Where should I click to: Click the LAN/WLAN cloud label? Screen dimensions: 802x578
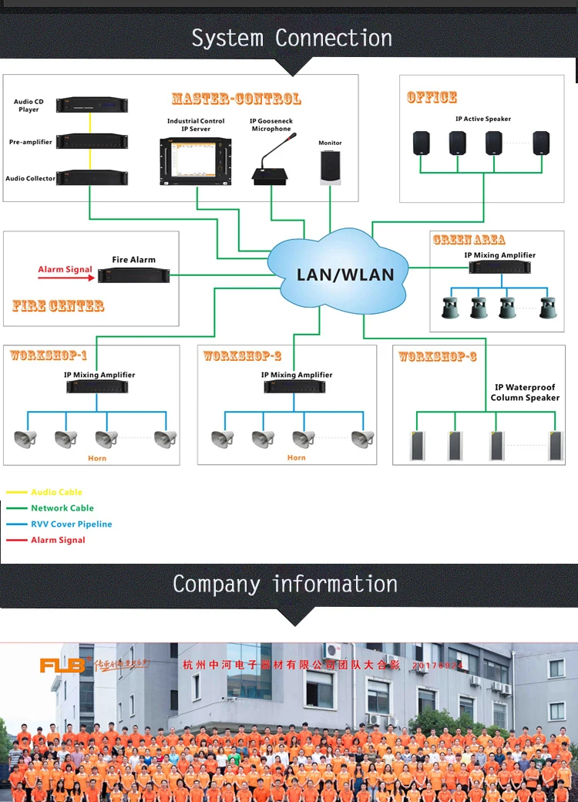pyautogui.click(x=345, y=275)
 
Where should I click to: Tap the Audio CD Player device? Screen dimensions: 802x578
pyautogui.click(x=90, y=105)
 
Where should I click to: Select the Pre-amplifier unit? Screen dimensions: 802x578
pyautogui.click(x=90, y=142)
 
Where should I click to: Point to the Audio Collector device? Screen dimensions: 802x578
pyautogui.click(x=90, y=178)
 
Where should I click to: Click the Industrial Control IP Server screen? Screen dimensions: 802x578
pyautogui.click(x=196, y=160)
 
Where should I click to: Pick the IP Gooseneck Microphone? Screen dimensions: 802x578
pyautogui.click(x=271, y=166)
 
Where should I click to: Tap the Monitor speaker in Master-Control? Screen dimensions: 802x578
pyautogui.click(x=330, y=167)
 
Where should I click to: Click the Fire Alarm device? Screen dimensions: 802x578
pyautogui.click(x=133, y=274)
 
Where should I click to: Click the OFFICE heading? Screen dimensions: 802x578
pyautogui.click(x=432, y=97)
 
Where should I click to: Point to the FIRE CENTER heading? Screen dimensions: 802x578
pyautogui.click(x=58, y=305)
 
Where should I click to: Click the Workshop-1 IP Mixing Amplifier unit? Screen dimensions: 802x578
pyautogui.click(x=99, y=386)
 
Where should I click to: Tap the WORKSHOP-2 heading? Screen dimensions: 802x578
pyautogui.click(x=242, y=356)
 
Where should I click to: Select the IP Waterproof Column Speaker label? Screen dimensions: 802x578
pyautogui.click(x=525, y=393)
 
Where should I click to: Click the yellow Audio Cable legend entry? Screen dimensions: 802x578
pyautogui.click(x=55, y=492)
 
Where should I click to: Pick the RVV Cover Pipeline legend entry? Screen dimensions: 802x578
pyautogui.click(x=71, y=524)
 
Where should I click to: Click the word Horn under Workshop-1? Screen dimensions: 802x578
pyautogui.click(x=97, y=458)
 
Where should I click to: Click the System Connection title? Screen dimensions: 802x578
pyautogui.click(x=291, y=38)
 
